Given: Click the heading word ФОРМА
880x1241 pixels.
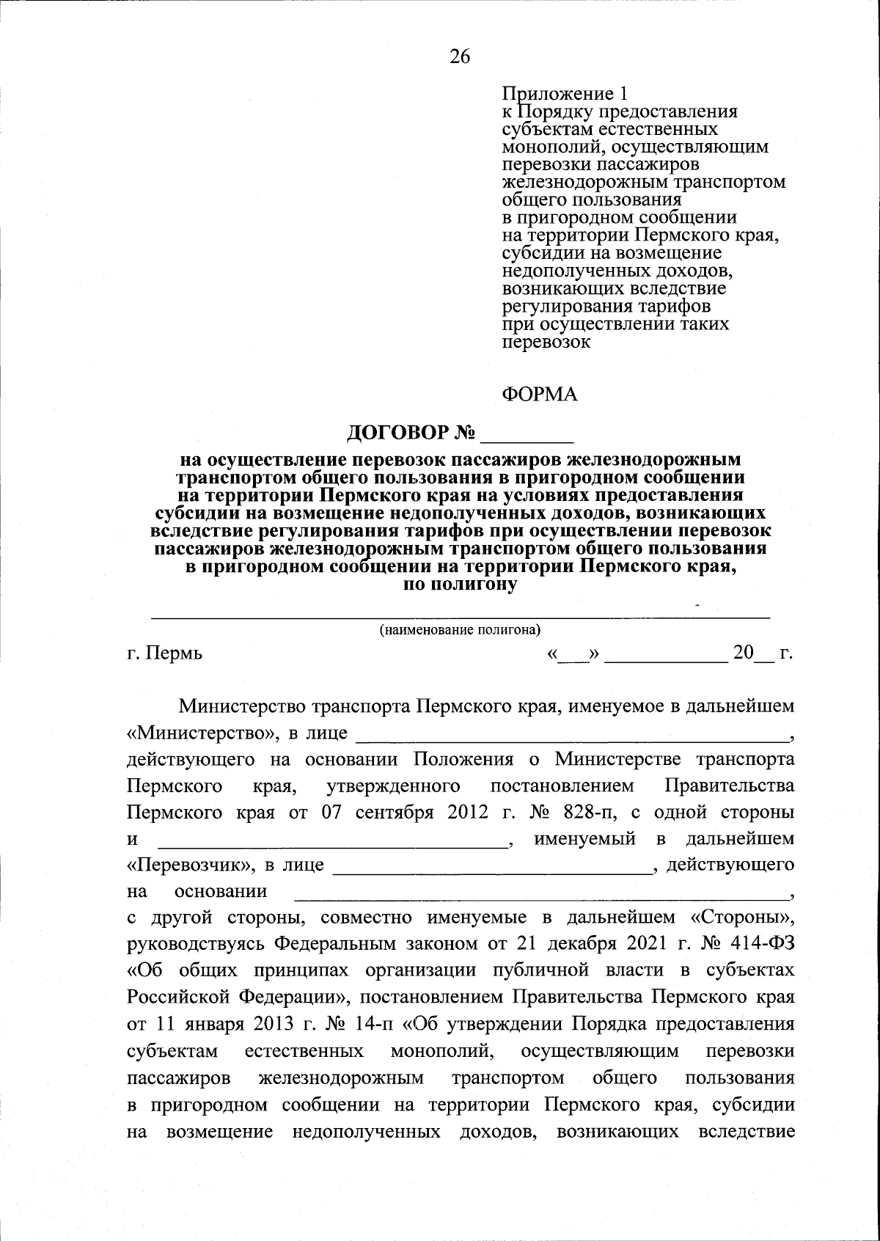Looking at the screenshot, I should [540, 395].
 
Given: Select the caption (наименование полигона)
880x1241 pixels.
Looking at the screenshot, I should [460, 629].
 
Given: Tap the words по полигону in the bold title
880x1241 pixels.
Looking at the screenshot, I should [461, 585].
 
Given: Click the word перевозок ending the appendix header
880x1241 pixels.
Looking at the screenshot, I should [546, 341].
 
